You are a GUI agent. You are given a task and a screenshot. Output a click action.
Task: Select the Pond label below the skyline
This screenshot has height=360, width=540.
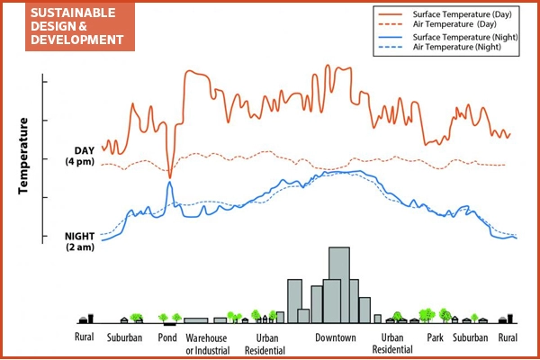tap(168, 338)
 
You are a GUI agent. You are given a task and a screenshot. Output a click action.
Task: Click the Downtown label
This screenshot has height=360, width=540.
tap(336, 338)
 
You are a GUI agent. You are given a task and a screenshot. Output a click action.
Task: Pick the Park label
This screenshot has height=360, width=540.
tap(436, 338)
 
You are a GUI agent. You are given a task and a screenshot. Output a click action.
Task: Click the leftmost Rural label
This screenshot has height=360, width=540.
tap(85, 338)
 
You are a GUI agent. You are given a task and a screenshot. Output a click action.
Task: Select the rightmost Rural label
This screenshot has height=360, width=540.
tap(508, 338)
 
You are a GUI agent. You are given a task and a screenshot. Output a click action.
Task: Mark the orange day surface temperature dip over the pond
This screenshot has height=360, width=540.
tap(169, 175)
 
